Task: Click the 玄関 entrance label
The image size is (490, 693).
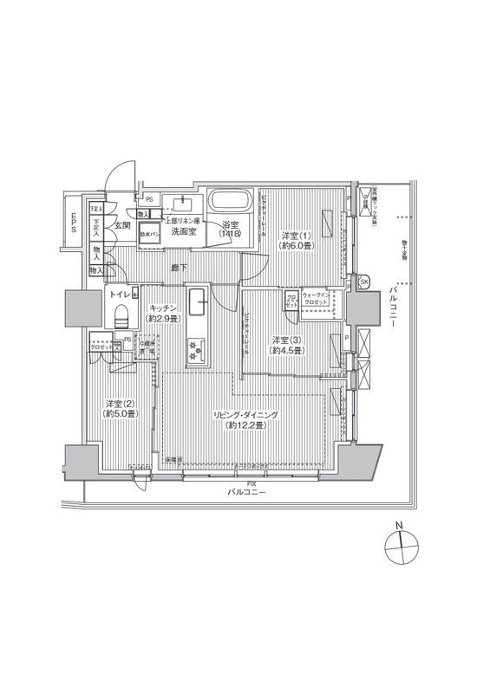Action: point(121,226)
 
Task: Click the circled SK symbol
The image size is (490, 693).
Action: point(363,282)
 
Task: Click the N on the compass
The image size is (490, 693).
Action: point(398,526)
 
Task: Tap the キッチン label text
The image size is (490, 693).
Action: point(163,308)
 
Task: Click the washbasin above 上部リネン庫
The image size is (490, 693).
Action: point(182,204)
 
